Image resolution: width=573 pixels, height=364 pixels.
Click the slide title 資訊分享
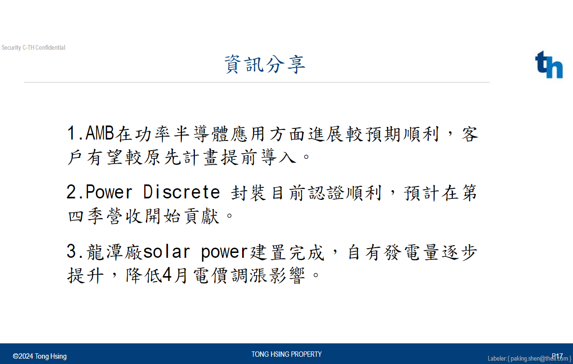click(x=265, y=64)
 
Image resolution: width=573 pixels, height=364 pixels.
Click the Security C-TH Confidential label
click(x=33, y=48)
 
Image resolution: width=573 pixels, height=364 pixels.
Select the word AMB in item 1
click(x=100, y=133)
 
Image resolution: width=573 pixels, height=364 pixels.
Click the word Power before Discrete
click(x=109, y=192)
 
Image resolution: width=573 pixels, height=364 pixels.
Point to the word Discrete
click(x=182, y=192)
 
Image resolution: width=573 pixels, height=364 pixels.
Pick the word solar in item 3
click(x=166, y=252)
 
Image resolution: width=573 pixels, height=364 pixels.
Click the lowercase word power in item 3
click(x=224, y=252)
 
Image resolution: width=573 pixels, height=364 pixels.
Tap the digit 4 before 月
click(x=166, y=275)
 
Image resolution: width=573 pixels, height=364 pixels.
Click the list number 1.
click(x=72, y=133)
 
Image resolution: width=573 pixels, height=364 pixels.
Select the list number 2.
click(x=72, y=192)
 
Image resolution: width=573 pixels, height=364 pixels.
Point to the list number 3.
click(x=72, y=252)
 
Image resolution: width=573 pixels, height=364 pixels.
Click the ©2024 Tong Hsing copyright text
click(x=40, y=356)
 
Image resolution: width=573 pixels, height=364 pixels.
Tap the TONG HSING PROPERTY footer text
click(x=286, y=354)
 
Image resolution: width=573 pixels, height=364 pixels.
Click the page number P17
click(x=557, y=356)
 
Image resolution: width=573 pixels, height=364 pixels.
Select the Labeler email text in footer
click(x=529, y=359)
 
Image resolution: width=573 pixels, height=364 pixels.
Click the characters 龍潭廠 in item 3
click(x=114, y=252)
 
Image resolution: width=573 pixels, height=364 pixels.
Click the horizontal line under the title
click(x=257, y=83)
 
